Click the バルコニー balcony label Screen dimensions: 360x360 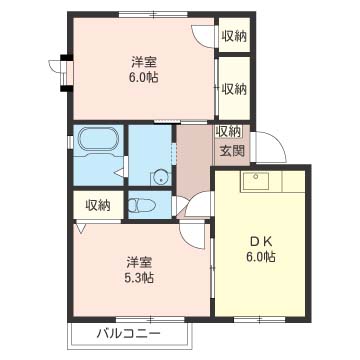tap(127, 333)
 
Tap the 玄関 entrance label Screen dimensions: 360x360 tap(231, 151)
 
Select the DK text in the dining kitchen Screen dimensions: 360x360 tap(262, 240)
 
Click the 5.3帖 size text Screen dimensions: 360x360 tap(138, 277)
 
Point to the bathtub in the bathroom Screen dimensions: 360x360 tap(97, 142)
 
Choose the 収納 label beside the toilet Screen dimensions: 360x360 tap(97, 205)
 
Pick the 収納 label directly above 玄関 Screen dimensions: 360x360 tap(228, 131)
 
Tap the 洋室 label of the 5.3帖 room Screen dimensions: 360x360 tap(138, 262)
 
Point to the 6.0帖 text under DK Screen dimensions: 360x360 tap(262, 256)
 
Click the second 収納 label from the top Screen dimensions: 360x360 tap(234, 89)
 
